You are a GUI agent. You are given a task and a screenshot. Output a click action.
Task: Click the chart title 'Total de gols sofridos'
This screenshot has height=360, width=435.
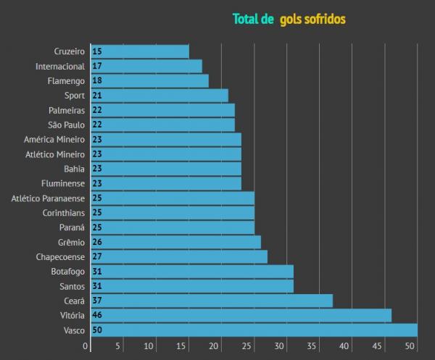(289, 19)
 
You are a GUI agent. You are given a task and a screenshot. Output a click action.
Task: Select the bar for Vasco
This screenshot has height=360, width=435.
(254, 330)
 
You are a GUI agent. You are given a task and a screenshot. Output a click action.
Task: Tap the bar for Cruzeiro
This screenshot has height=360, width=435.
(140, 51)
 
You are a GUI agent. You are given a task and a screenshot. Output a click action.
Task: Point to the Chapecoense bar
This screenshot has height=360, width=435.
(179, 256)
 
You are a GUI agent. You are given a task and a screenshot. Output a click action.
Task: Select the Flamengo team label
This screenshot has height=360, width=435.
(65, 81)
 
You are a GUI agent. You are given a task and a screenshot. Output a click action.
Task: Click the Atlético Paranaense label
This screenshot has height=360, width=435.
(48, 198)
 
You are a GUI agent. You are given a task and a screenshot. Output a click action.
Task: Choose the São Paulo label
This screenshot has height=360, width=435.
(65, 125)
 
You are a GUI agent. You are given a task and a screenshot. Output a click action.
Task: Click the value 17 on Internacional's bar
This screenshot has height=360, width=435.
(97, 67)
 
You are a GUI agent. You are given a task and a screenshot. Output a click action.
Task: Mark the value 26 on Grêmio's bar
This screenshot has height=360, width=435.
(97, 242)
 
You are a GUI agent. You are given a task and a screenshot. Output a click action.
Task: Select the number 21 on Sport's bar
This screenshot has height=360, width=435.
(97, 96)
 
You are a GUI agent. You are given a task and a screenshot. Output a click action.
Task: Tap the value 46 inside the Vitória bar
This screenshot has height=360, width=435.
(97, 316)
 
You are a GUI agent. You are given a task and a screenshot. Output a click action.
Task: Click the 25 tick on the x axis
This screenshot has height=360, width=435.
(246, 346)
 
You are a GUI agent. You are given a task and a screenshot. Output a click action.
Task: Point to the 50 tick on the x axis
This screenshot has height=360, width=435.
(410, 346)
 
